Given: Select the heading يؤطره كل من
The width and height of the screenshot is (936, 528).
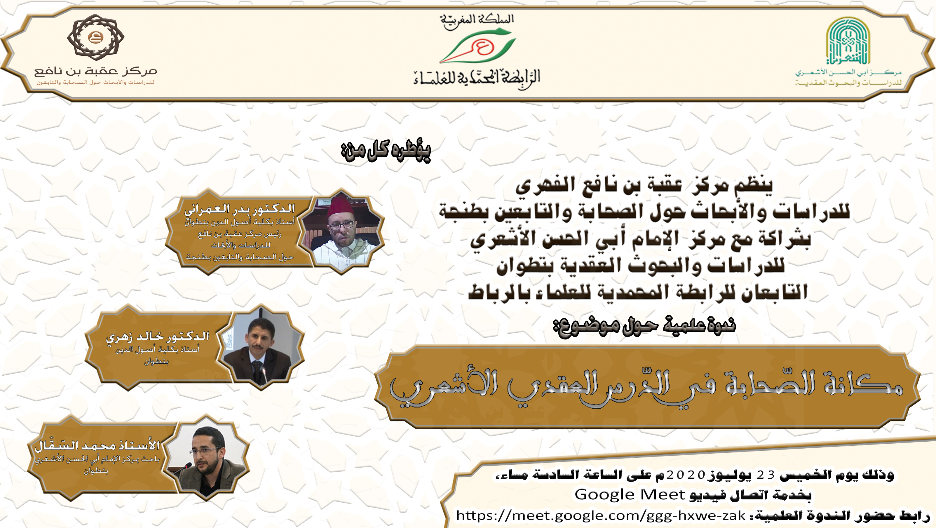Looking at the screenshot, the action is (386, 151).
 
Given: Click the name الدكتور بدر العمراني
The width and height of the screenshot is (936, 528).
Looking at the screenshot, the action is (239, 209).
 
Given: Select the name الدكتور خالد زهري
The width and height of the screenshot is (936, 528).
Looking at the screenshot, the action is (158, 337).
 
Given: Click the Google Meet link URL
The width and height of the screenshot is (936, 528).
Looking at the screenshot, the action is (601, 515).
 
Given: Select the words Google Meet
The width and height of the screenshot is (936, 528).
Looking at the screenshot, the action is (629, 494).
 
